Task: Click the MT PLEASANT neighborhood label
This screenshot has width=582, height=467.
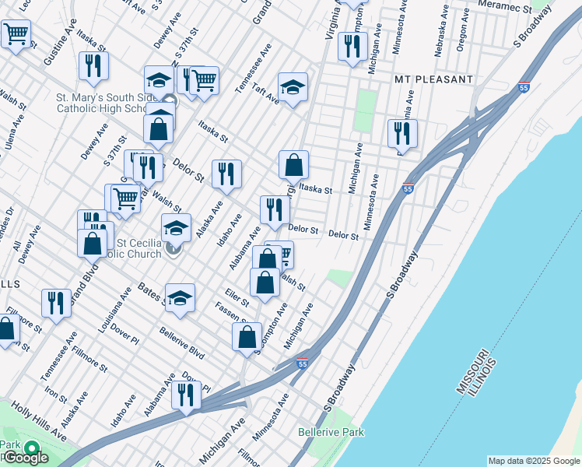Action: (x=433, y=80)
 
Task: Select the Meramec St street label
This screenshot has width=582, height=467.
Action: (x=527, y=8)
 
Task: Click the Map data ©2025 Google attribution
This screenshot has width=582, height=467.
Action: (x=534, y=461)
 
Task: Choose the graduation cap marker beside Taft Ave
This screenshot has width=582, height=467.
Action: (x=293, y=88)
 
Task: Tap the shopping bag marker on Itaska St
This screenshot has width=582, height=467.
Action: (x=293, y=165)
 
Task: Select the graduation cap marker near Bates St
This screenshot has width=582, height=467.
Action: (x=180, y=299)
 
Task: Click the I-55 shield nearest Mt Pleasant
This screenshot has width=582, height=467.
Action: (x=524, y=88)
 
